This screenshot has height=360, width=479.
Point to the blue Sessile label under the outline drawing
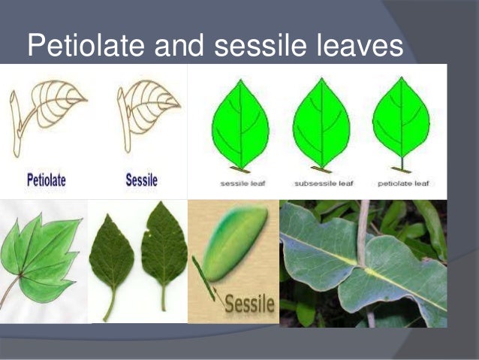pyautogui.click(x=141, y=180)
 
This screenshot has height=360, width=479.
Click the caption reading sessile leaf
pyautogui.click(x=239, y=183)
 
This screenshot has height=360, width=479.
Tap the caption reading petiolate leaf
pyautogui.click(x=402, y=183)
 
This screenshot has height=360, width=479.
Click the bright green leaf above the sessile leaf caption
pyautogui.click(x=239, y=120)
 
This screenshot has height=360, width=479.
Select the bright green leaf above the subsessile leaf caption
pyautogui.click(x=321, y=120)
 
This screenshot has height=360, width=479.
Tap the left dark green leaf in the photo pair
pyautogui.click(x=111, y=252)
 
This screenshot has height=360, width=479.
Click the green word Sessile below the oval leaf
pyautogui.click(x=249, y=305)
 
